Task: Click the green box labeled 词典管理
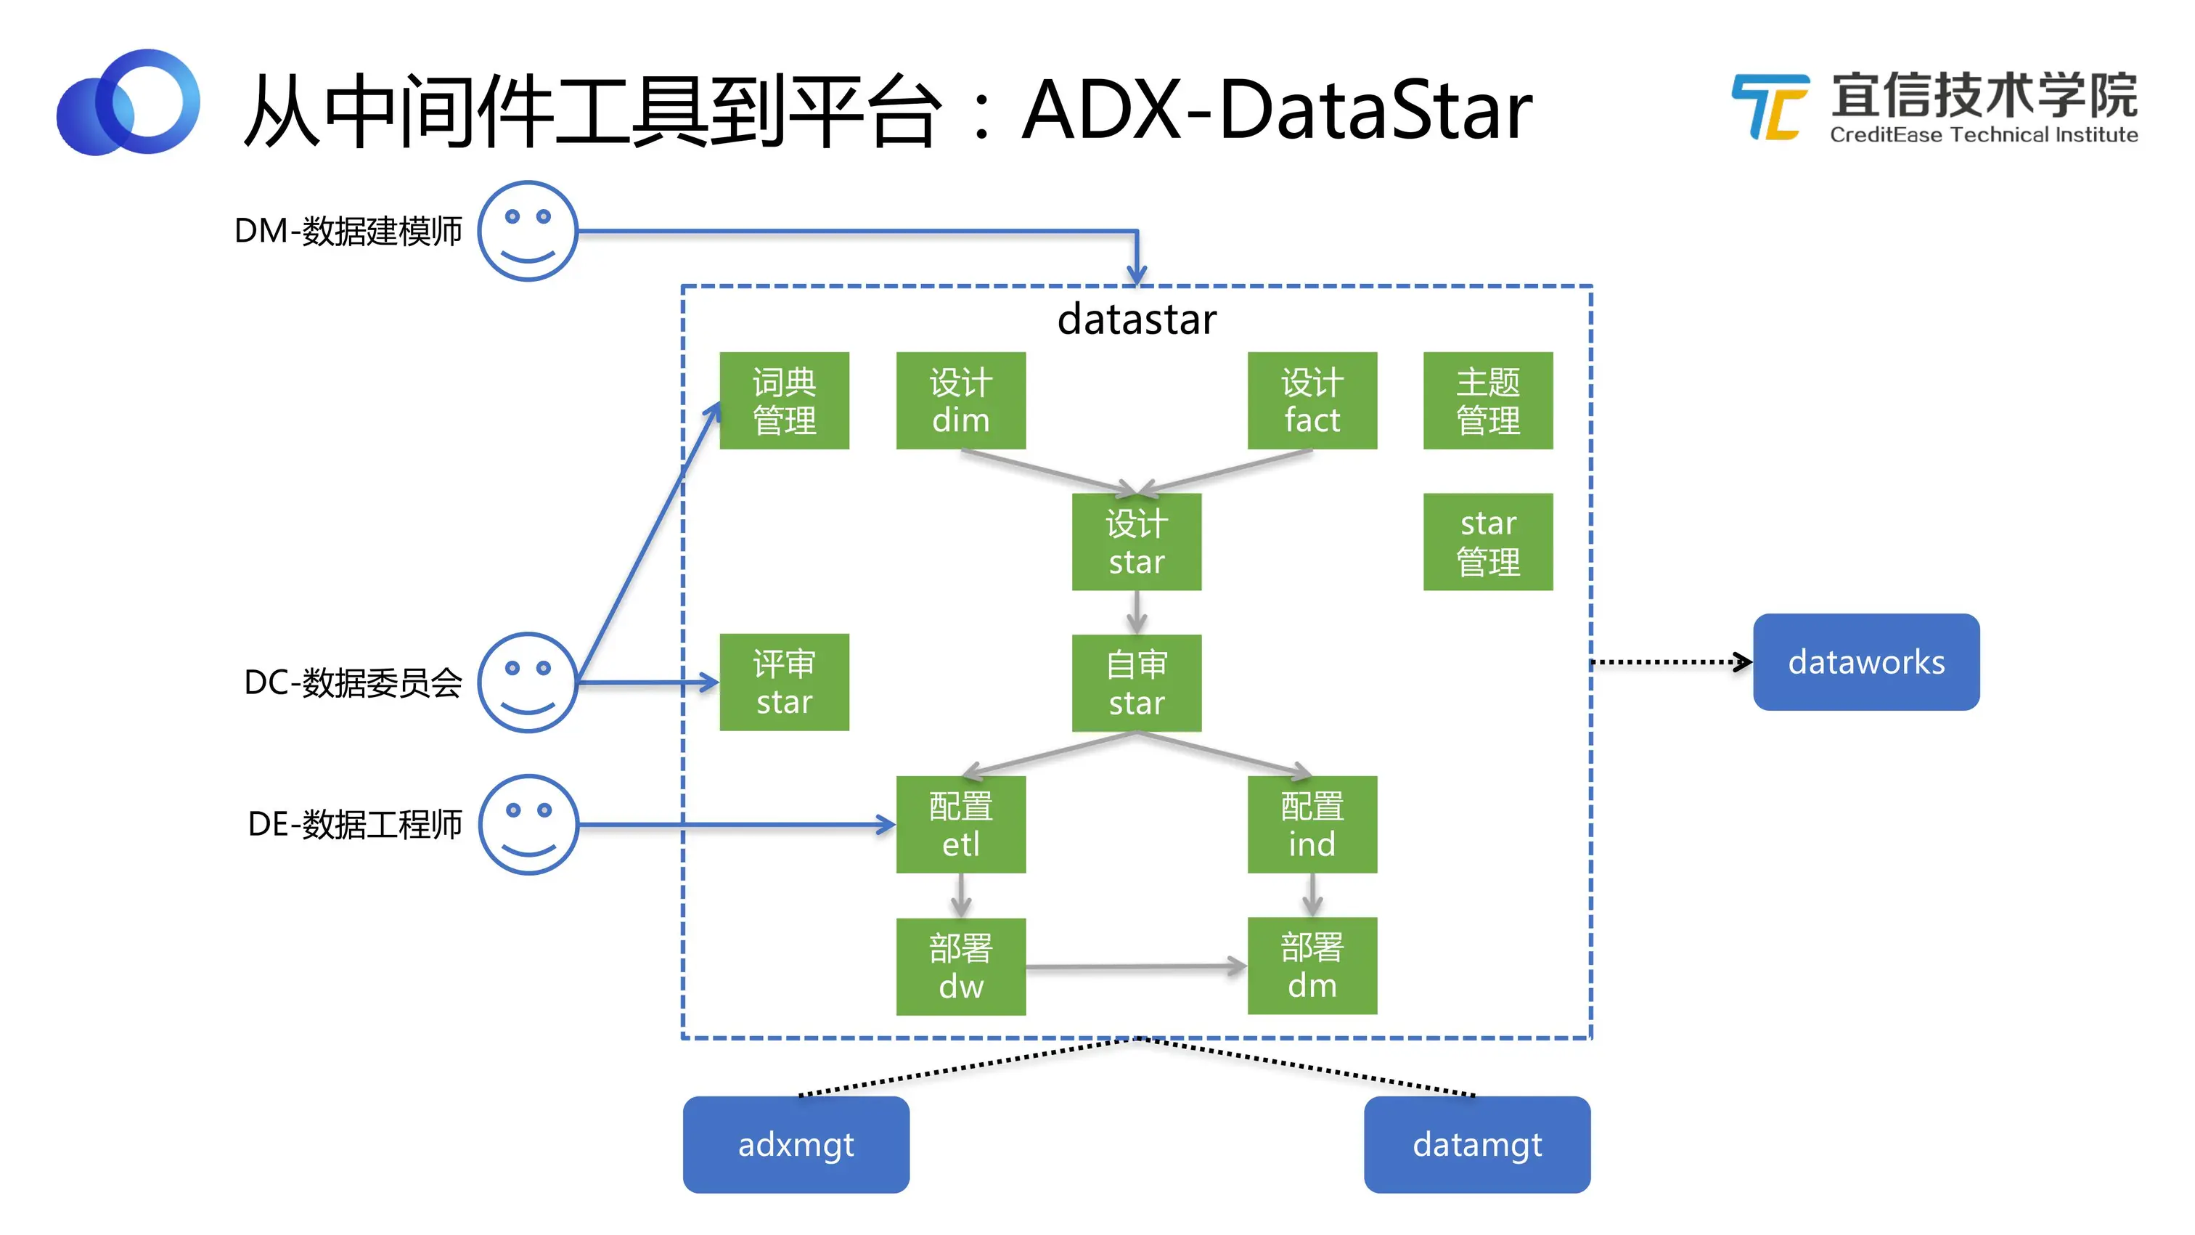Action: click(784, 401)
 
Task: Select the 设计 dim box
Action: click(960, 401)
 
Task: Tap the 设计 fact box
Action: click(1312, 401)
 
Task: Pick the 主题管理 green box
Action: click(1488, 401)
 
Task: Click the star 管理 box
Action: click(1488, 542)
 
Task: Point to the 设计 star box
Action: click(1137, 542)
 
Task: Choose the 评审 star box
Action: click(784, 682)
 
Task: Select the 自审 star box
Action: click(1137, 682)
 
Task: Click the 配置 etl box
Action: click(960, 824)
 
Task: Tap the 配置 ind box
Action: click(1312, 824)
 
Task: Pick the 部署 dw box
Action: click(960, 966)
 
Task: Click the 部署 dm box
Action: click(1312, 966)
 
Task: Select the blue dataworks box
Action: click(1866, 662)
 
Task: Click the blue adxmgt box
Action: click(796, 1145)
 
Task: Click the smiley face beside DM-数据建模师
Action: click(528, 231)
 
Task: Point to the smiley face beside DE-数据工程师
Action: click(528, 824)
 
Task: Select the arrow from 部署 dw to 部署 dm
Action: click(1137, 966)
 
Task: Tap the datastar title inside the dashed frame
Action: click(1137, 319)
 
